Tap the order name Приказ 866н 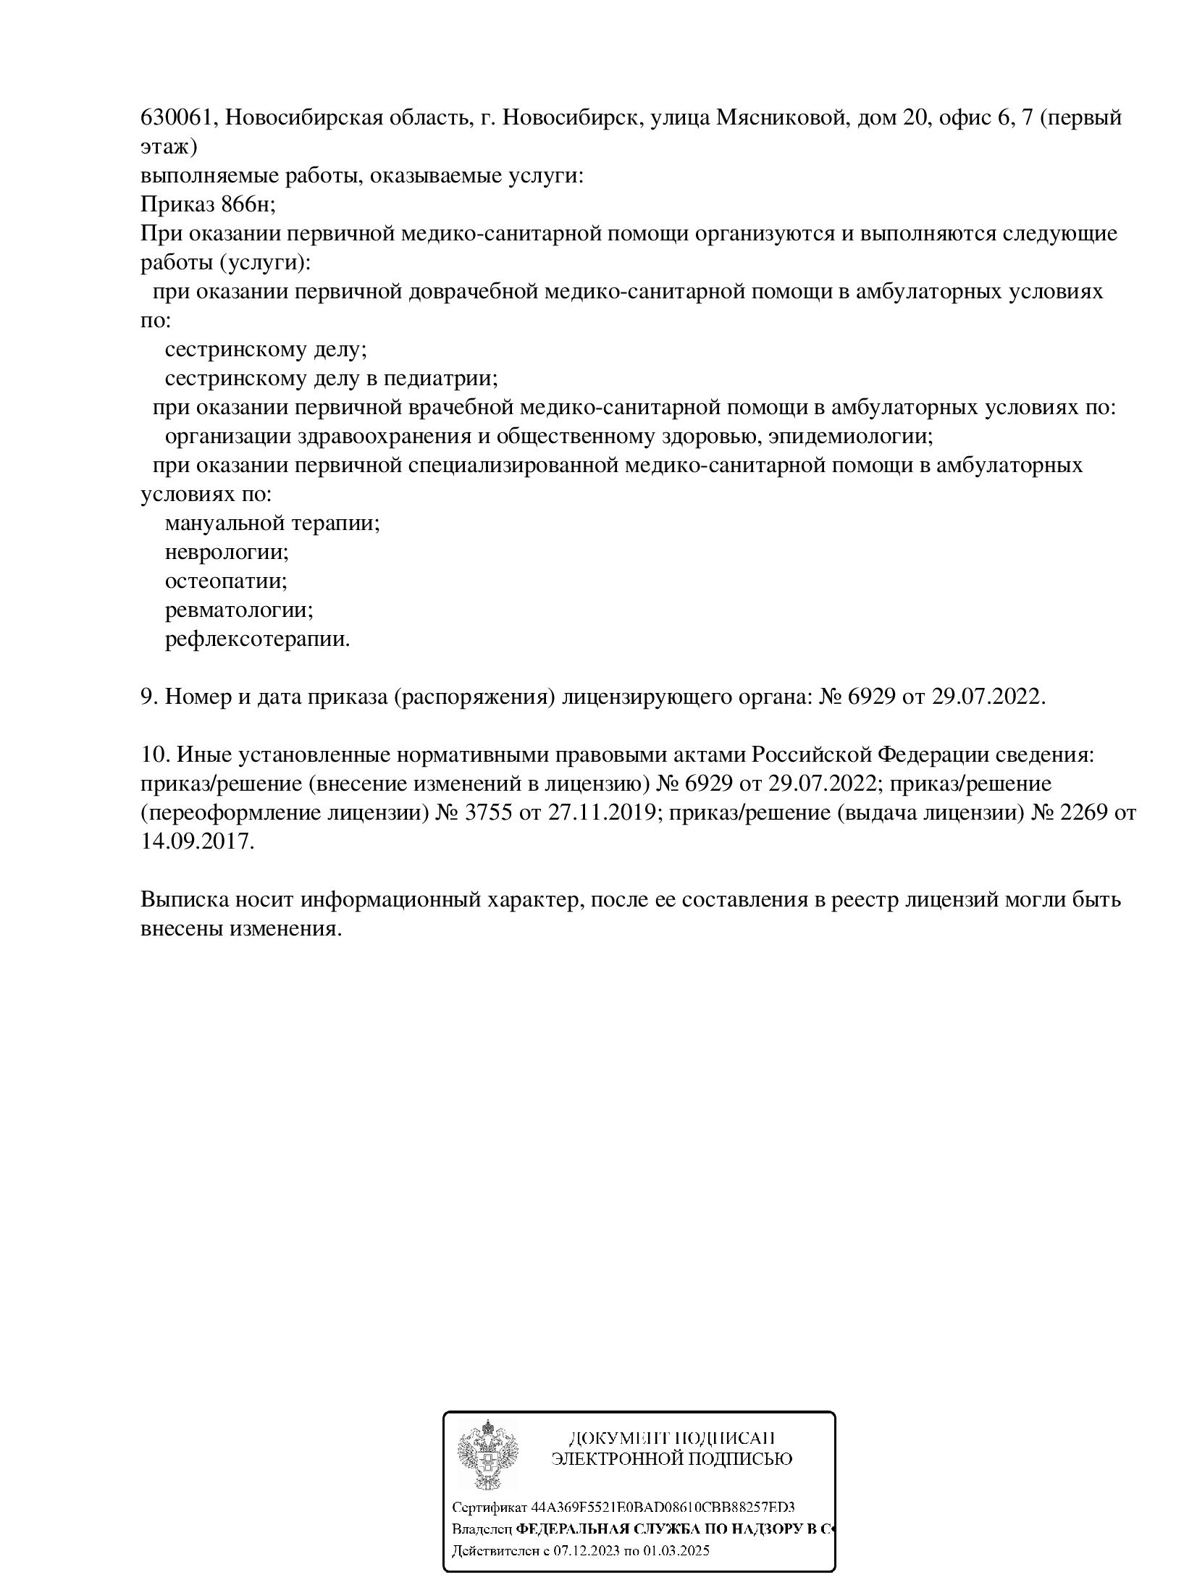(207, 204)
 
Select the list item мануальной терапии (272, 523)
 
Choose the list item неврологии (227, 552)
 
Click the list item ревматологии (239, 610)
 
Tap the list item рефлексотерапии (257, 639)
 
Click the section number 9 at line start (147, 697)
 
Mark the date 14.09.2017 (196, 841)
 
